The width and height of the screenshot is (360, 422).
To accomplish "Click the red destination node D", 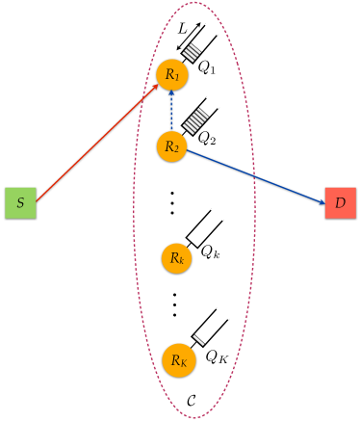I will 341,205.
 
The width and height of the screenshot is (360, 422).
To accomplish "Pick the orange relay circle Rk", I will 175,257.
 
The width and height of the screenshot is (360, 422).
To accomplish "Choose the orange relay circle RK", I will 177,359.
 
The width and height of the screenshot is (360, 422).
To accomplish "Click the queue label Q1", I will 208,69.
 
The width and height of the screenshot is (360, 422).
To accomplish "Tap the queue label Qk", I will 211,251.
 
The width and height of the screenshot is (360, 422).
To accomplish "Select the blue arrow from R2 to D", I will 255,176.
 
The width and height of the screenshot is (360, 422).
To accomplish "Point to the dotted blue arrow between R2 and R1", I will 171,111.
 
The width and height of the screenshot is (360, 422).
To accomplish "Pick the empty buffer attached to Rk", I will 203,229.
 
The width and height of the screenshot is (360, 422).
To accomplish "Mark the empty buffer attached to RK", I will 206,331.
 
